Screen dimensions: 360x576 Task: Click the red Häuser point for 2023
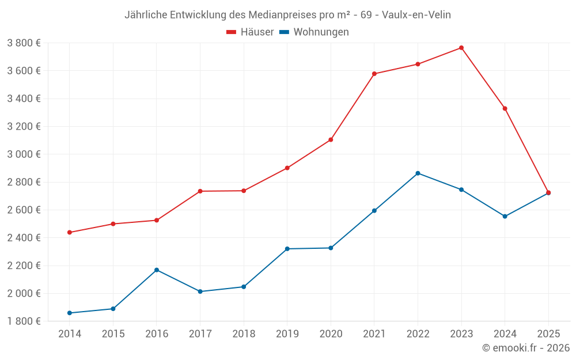(x=461, y=48)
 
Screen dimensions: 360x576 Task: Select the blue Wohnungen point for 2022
(x=418, y=173)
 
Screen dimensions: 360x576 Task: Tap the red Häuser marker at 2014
(x=70, y=232)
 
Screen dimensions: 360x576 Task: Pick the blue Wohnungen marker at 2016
(x=157, y=270)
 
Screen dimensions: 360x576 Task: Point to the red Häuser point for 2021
(x=374, y=74)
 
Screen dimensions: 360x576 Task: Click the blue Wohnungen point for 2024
(x=505, y=217)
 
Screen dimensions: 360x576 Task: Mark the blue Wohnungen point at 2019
(x=287, y=249)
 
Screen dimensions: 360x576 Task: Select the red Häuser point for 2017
(x=200, y=191)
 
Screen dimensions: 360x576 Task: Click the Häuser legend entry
(x=257, y=32)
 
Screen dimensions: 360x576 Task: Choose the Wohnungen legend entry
(x=321, y=32)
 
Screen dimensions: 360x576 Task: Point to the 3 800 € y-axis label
(x=24, y=43)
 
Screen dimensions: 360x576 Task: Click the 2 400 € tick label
(x=24, y=238)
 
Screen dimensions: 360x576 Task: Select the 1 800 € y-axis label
(x=24, y=321)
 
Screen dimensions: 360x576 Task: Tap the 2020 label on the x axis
(x=331, y=334)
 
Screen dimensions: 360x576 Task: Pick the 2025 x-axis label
(x=548, y=334)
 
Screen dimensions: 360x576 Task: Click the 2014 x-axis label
(x=70, y=334)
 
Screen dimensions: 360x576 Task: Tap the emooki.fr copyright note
(x=526, y=348)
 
